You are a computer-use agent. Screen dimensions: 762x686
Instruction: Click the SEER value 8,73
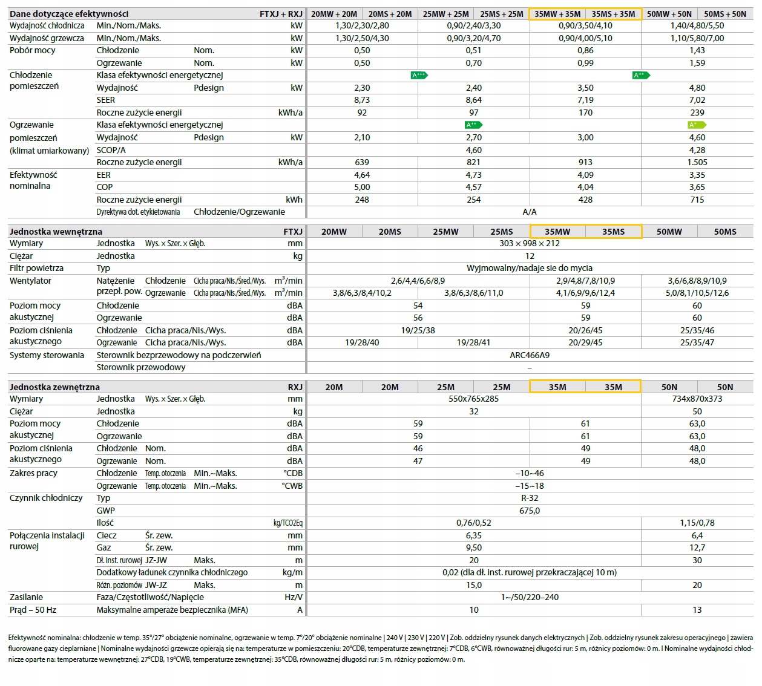tap(361, 100)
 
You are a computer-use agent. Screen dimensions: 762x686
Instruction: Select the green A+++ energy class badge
tap(419, 75)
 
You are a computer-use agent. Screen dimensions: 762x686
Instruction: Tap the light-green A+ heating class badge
tap(697, 125)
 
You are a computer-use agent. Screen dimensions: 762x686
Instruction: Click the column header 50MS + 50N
tap(724, 14)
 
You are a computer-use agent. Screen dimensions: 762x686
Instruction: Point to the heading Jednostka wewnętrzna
tap(56, 232)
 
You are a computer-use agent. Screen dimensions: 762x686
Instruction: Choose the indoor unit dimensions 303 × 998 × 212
tap(530, 243)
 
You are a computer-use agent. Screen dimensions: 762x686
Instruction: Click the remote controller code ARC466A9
tap(530, 356)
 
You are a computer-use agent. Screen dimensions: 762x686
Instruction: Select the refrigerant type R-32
tap(530, 498)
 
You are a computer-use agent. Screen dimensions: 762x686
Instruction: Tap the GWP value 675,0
tap(530, 511)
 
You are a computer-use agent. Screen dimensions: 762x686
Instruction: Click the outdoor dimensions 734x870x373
tap(697, 399)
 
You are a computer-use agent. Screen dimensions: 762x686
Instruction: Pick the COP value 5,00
tap(361, 188)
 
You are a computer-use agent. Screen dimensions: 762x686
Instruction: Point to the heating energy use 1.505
tap(697, 163)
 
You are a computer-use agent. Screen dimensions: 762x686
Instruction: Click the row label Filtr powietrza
tap(36, 268)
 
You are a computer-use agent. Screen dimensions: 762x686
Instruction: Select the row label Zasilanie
tap(26, 598)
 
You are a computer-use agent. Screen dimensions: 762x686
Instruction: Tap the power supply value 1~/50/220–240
tap(530, 598)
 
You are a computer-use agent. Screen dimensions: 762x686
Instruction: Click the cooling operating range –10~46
tap(530, 473)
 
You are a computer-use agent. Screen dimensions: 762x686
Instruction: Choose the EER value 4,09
tap(585, 175)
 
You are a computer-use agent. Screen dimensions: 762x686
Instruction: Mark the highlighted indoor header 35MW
tap(557, 232)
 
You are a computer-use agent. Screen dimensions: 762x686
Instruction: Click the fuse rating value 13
tap(697, 610)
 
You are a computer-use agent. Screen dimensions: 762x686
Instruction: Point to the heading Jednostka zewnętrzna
tap(54, 387)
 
